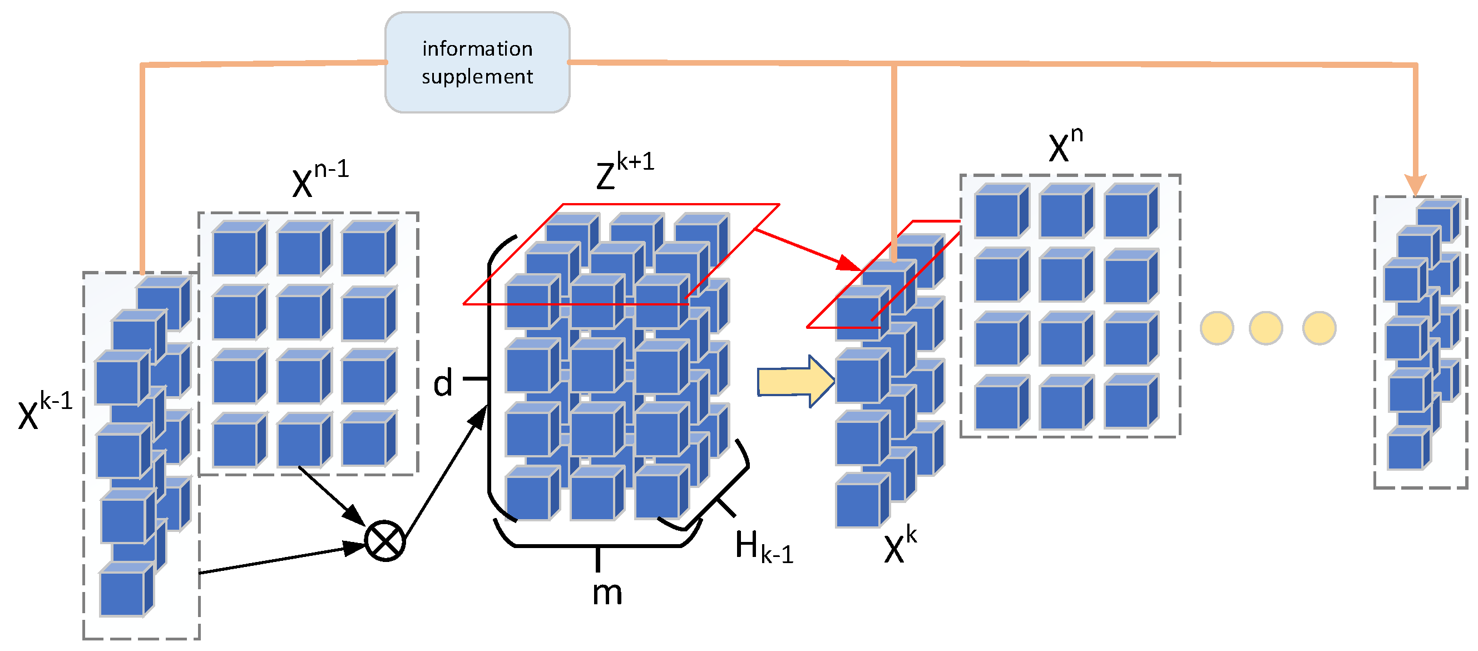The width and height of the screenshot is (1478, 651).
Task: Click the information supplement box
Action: coord(477,62)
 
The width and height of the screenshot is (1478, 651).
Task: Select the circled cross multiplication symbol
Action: coord(385,541)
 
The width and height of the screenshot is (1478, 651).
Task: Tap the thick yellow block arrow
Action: coord(795,381)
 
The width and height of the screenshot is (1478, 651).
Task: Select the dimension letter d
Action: coord(442,383)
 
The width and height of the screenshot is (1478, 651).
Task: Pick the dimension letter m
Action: coord(606,593)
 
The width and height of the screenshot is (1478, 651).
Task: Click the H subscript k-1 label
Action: coord(763,546)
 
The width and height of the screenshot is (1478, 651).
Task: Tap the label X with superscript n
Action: coord(1065,145)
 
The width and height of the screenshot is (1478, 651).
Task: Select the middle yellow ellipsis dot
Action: coord(1265,328)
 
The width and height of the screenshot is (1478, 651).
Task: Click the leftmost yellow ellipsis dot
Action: coord(1217,328)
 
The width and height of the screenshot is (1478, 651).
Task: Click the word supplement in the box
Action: coord(477,77)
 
